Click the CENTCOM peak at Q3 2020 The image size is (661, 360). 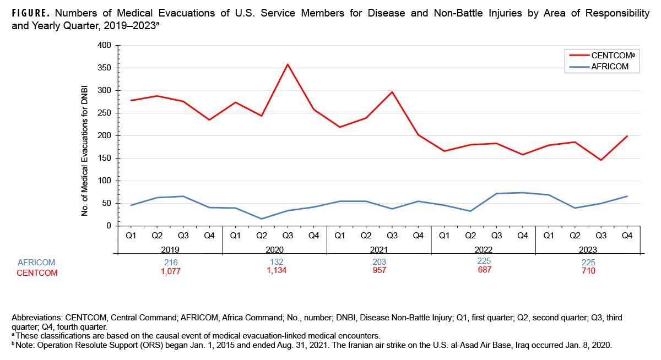pyautogui.click(x=287, y=64)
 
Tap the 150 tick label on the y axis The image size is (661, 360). pyautogui.click(x=104, y=159)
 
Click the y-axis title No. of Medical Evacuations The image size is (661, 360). pyautogui.click(x=85, y=135)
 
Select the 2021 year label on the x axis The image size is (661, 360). pyautogui.click(x=378, y=248)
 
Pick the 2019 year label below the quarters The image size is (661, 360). pyautogui.click(x=170, y=248)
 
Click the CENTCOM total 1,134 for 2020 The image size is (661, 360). pyautogui.click(x=274, y=270)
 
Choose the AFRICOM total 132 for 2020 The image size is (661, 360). pyautogui.click(x=274, y=262)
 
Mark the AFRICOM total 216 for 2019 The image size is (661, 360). pyautogui.click(x=170, y=263)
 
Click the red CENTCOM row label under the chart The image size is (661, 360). pyautogui.click(x=37, y=272)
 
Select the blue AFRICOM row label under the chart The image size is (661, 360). pyautogui.click(x=36, y=263)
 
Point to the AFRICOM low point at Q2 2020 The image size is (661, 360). pyautogui.click(x=261, y=219)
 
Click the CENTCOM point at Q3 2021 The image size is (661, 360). pyautogui.click(x=392, y=92)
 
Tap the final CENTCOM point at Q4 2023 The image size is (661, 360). pyautogui.click(x=627, y=136)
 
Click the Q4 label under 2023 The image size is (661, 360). pyautogui.click(x=627, y=236)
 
